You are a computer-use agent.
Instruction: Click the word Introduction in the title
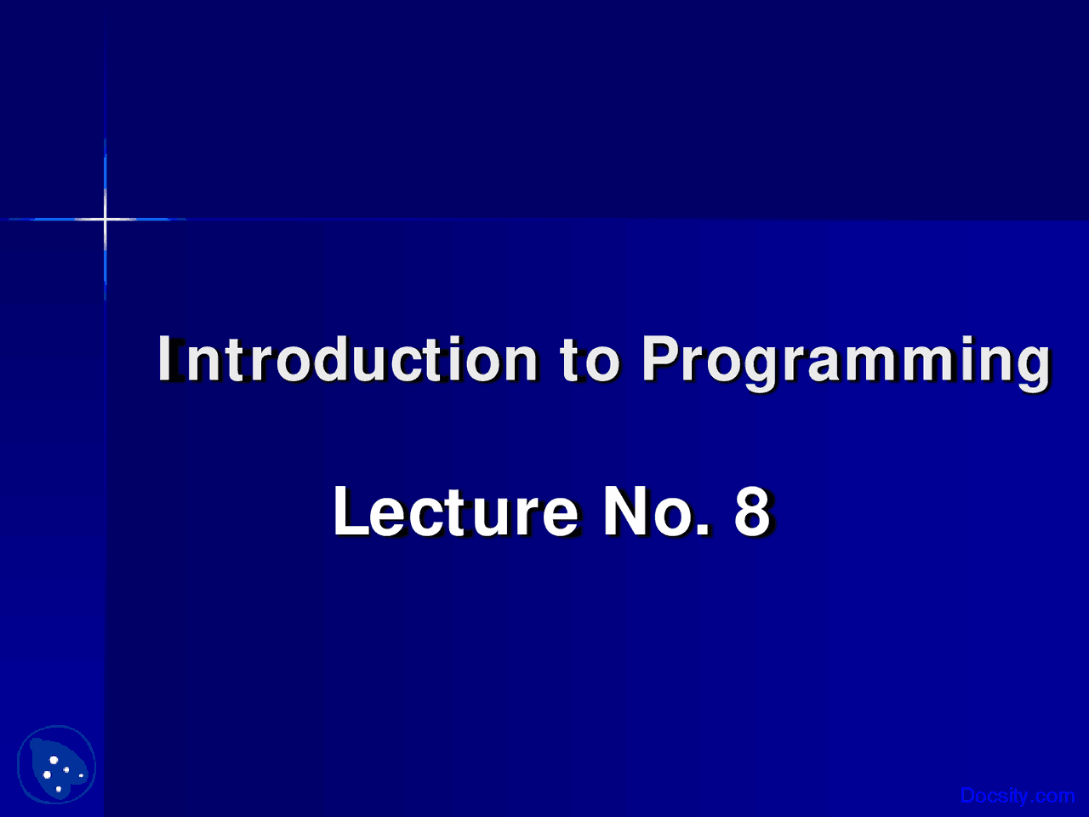[x=347, y=359]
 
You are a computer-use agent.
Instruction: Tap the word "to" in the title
[x=590, y=359]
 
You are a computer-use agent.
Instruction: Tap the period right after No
[x=703, y=529]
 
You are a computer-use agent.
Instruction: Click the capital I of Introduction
[x=168, y=359]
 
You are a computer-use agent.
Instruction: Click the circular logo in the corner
[x=57, y=765]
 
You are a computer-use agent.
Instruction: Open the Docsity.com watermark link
[x=1017, y=796]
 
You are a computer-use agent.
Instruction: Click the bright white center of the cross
[x=105, y=220]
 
